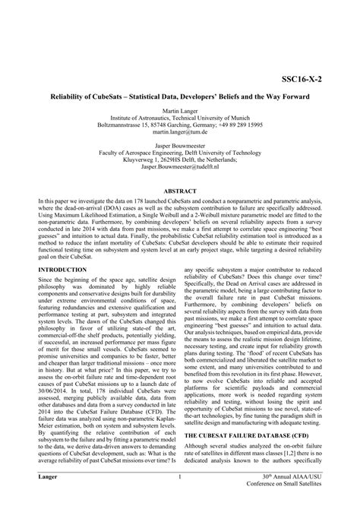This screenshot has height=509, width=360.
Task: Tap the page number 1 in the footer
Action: tap(179, 498)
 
